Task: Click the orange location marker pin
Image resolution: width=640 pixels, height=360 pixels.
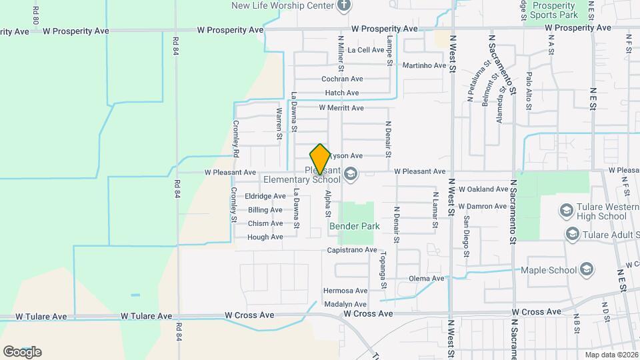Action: (x=320, y=159)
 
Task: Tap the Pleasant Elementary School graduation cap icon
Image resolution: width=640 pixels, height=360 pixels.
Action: (x=351, y=174)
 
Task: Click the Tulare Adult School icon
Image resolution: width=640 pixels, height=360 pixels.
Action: (x=571, y=234)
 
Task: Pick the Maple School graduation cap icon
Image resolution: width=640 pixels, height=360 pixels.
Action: (x=587, y=269)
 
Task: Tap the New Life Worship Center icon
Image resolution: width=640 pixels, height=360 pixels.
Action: (x=344, y=6)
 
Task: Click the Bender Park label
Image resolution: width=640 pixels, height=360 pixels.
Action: (x=355, y=226)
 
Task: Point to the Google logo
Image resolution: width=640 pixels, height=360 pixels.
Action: (x=22, y=352)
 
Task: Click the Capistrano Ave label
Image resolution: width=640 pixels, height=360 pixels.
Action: (x=352, y=250)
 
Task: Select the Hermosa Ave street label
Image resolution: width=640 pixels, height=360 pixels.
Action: (x=345, y=291)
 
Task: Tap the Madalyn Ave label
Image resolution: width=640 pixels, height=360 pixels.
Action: (x=345, y=303)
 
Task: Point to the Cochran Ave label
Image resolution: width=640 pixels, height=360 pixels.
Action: (x=342, y=79)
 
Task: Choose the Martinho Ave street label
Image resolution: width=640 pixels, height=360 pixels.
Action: (x=424, y=65)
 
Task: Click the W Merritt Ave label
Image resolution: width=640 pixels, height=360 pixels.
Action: (x=341, y=107)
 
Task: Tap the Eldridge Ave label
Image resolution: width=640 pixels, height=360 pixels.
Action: (x=265, y=196)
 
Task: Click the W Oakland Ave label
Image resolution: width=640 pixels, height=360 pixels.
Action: (x=483, y=189)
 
